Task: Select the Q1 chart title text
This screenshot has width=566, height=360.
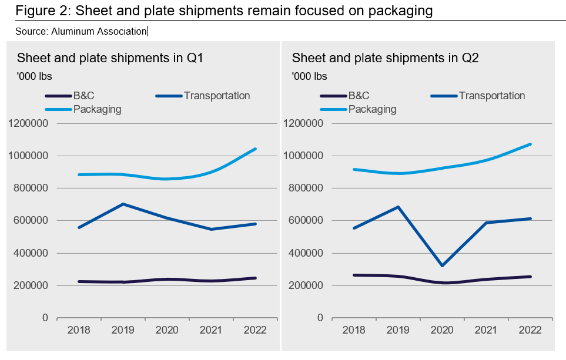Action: coord(110,58)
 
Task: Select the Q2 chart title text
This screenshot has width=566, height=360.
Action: coord(385,58)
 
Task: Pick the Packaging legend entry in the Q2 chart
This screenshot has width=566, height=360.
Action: coord(372,109)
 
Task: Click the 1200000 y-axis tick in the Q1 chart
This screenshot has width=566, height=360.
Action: coord(28,123)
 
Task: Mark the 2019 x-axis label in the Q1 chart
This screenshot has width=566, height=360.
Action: coord(123,330)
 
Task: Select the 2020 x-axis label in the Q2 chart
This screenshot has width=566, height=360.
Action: coord(442,330)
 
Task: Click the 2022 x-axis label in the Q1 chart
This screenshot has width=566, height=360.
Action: coord(255,330)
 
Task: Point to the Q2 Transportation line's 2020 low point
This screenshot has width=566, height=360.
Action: coord(442,265)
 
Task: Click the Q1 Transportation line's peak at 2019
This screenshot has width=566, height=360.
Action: coord(123,204)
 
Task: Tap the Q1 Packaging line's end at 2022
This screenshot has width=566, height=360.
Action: coord(255,149)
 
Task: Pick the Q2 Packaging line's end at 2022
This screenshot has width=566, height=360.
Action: coord(531,144)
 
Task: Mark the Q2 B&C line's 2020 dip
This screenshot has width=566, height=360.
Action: coord(444,283)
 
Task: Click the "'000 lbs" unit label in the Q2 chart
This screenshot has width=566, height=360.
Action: coord(309,76)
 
